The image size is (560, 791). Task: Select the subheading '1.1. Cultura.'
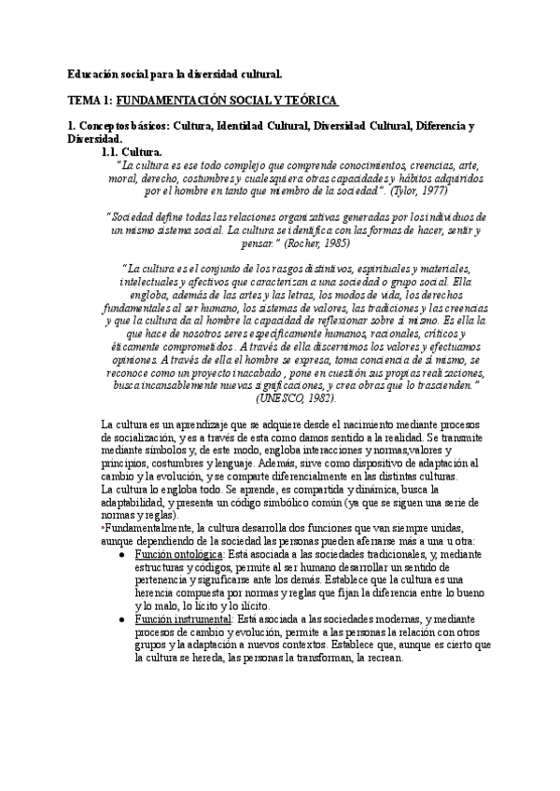click(131, 150)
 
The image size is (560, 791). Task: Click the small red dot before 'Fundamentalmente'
click(102, 527)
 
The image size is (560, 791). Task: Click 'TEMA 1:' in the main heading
click(90, 99)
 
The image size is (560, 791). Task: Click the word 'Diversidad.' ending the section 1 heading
click(94, 138)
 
